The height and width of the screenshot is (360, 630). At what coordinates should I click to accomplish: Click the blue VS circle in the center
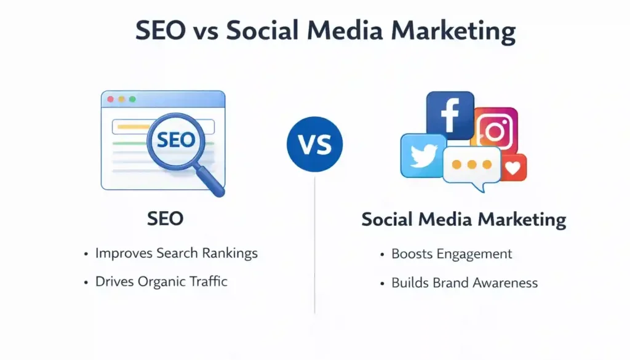[314, 144]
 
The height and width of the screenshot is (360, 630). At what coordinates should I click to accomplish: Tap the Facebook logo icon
[450, 115]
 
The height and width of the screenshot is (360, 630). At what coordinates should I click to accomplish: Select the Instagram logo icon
[496, 130]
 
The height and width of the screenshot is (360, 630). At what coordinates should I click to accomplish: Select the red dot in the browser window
[111, 99]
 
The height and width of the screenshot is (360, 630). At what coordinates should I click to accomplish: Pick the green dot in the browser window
[132, 99]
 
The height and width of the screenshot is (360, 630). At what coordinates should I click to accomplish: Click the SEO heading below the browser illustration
[165, 218]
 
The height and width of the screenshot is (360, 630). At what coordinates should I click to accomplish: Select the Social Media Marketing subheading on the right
[463, 220]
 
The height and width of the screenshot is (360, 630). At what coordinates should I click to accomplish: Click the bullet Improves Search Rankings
[176, 253]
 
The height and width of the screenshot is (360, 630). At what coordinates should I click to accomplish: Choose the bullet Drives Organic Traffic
[161, 282]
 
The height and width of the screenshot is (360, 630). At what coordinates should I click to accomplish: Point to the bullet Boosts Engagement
[452, 254]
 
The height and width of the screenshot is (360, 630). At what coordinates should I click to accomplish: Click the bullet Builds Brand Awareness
[465, 283]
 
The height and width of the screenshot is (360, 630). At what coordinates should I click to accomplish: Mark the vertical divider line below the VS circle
[314, 246]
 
